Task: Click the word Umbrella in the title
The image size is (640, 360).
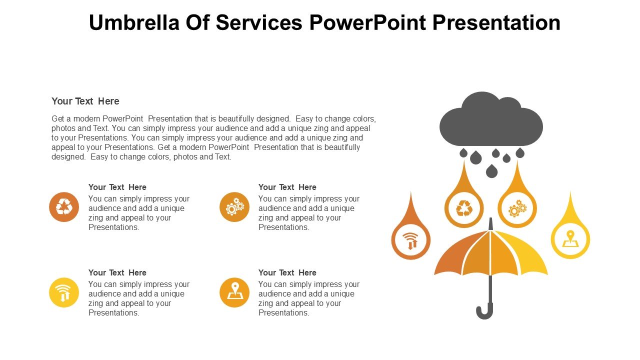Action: click(x=134, y=22)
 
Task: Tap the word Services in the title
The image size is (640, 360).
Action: click(x=259, y=22)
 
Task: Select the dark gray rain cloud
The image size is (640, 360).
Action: click(x=491, y=119)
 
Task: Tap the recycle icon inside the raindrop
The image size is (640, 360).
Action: click(x=464, y=208)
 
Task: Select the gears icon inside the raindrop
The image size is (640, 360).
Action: click(x=517, y=208)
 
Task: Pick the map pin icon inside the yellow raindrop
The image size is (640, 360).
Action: click(x=570, y=239)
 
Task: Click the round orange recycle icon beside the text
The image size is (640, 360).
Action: click(x=64, y=207)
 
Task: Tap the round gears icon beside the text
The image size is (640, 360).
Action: click(x=234, y=207)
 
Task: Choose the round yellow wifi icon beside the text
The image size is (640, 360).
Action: click(x=64, y=292)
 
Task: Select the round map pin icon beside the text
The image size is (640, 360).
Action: click(x=234, y=292)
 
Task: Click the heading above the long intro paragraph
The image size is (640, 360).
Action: click(x=85, y=101)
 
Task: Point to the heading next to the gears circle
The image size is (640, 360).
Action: click(x=287, y=187)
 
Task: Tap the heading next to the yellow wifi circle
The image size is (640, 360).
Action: click(x=117, y=272)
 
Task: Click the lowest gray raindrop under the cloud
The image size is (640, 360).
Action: click(x=491, y=171)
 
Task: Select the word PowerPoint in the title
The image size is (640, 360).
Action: click(x=367, y=22)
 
